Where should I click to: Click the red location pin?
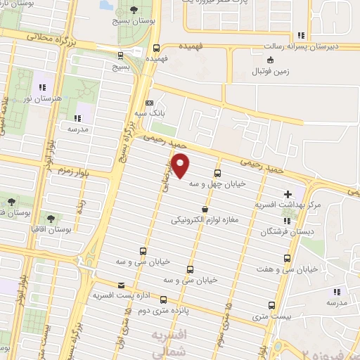tap(181, 166)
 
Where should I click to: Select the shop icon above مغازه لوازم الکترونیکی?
tap(205, 209)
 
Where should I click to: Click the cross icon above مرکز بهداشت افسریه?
tap(287, 193)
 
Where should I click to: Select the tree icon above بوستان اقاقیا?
tap(50, 217)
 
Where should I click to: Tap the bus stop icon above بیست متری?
tap(271, 305)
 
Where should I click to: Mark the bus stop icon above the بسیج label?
tap(120, 54)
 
